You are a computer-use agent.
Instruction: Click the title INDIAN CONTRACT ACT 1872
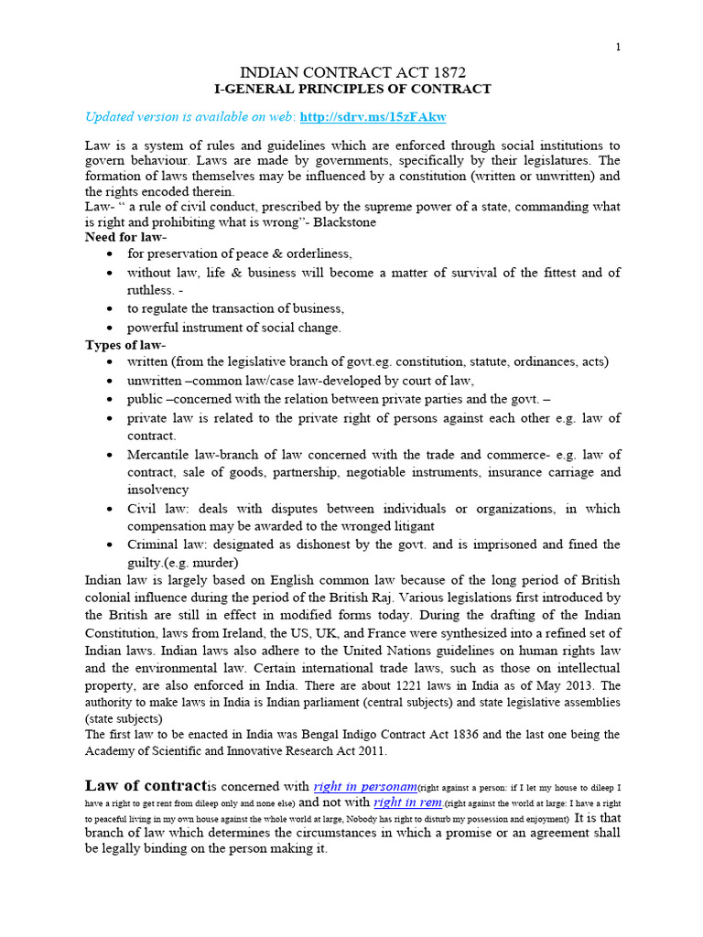pyautogui.click(x=352, y=71)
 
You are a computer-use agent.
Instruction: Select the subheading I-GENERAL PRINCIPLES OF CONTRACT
pyautogui.click(x=352, y=89)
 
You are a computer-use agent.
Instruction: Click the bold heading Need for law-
pyautogui.click(x=125, y=237)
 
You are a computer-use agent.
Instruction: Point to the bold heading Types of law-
pyautogui.click(x=125, y=344)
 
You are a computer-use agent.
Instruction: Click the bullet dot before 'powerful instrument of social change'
pyautogui.click(x=110, y=328)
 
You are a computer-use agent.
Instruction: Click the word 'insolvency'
pyautogui.click(x=157, y=490)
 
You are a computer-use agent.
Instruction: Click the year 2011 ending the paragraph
pyautogui.click(x=371, y=751)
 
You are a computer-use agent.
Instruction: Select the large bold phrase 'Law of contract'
pyautogui.click(x=146, y=786)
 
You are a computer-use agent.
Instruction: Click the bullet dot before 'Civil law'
pyautogui.click(x=110, y=509)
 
